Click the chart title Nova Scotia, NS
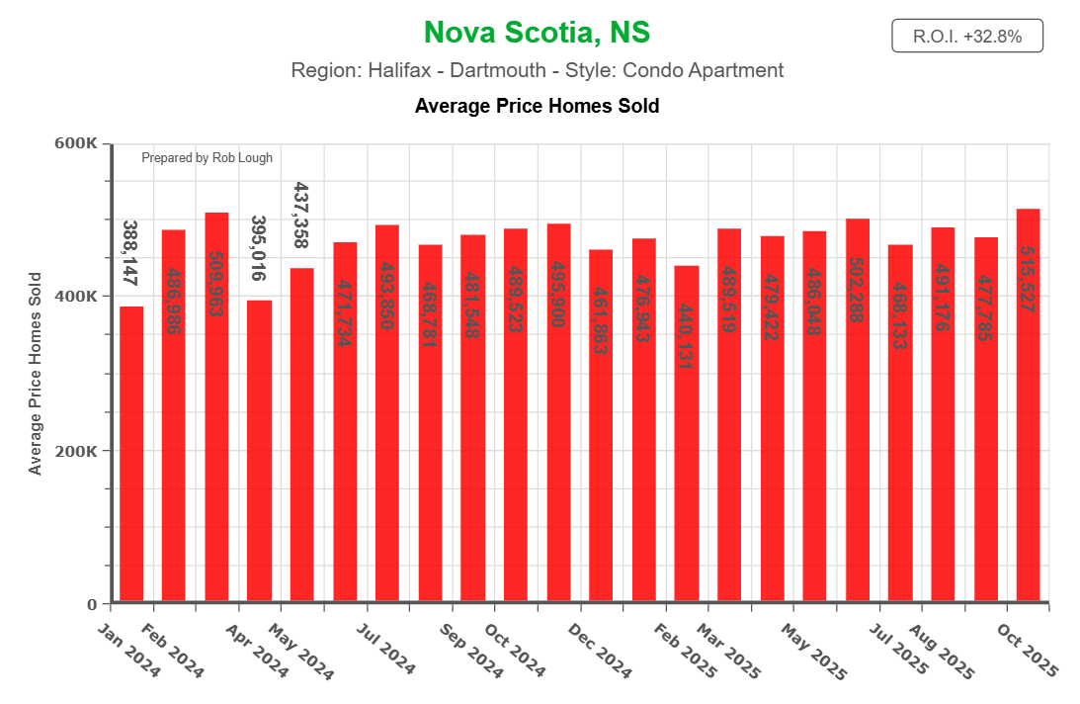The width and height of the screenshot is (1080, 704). pyautogui.click(x=537, y=33)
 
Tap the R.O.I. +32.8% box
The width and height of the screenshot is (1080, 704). pyautogui.click(x=966, y=37)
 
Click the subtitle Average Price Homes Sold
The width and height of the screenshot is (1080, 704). pyautogui.click(x=537, y=106)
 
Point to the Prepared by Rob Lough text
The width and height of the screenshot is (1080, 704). pyautogui.click(x=207, y=157)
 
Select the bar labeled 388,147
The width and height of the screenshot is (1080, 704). pyautogui.click(x=131, y=455)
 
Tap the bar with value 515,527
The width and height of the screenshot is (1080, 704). pyautogui.click(x=1028, y=405)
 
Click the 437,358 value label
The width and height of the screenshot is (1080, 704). pyautogui.click(x=302, y=216)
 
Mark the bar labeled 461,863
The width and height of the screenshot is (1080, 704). pyautogui.click(x=601, y=425)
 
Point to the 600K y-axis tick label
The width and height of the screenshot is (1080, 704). pyautogui.click(x=75, y=143)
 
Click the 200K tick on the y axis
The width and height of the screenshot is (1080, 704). pyautogui.click(x=75, y=451)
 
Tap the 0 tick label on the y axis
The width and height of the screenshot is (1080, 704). pyautogui.click(x=92, y=604)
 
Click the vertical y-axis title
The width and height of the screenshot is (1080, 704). pyautogui.click(x=37, y=374)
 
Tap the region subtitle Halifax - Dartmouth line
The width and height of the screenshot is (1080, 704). pyautogui.click(x=537, y=71)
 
